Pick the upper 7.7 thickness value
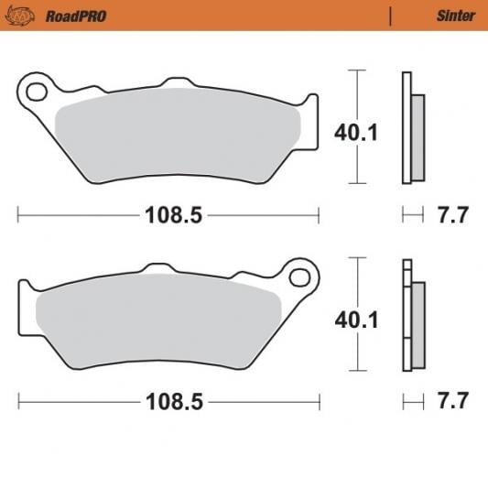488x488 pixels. [x=453, y=216]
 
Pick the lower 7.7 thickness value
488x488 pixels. [x=453, y=401]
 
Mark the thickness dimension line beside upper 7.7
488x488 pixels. [x=414, y=216]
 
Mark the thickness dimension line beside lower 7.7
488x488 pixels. [x=414, y=401]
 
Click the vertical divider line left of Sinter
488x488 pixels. [x=391, y=16]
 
